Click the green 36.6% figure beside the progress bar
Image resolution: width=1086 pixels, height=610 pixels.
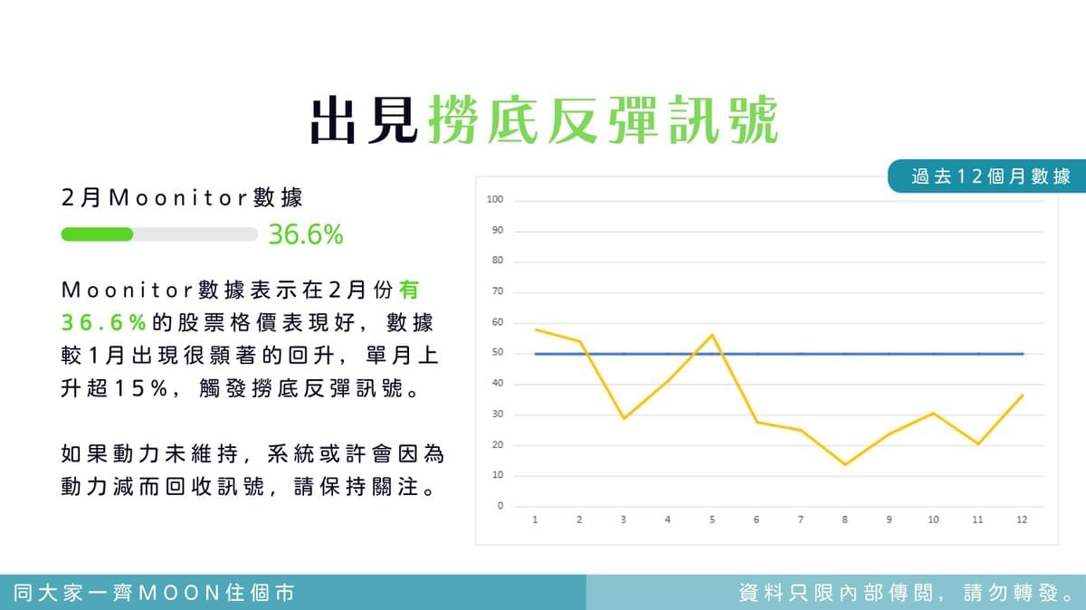tap(306, 234)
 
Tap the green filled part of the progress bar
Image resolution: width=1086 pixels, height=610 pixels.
tap(97, 234)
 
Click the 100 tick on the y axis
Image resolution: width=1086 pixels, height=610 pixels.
tap(495, 199)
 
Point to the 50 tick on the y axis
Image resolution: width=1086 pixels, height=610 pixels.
tap(498, 353)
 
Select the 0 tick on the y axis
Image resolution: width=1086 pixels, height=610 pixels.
tap(500, 506)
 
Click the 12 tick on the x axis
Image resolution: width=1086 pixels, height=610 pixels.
tap(1022, 519)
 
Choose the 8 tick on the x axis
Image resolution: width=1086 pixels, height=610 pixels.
tap(844, 519)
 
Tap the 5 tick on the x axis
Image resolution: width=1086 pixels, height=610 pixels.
tap(711, 519)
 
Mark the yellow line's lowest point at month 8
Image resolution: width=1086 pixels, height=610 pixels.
tap(845, 464)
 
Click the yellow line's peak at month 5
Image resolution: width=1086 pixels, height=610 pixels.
tap(712, 335)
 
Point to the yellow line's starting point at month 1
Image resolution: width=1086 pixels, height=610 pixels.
tap(535, 329)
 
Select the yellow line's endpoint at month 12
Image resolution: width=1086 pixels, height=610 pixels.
tap(1023, 396)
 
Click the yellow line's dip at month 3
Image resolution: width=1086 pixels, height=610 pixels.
tap(624, 418)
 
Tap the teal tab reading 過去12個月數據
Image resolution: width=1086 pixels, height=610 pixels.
tap(986, 176)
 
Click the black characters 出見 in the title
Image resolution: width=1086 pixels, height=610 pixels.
tap(364, 119)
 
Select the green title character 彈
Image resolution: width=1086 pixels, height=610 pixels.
tap(633, 119)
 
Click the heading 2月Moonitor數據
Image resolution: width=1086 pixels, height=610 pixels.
tap(182, 198)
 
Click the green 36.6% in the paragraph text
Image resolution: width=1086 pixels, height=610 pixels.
tap(104, 323)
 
